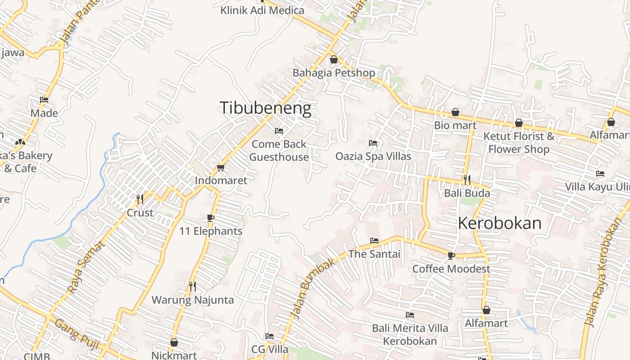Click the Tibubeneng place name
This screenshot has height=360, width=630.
click(265, 108)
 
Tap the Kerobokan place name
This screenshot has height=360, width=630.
click(499, 223)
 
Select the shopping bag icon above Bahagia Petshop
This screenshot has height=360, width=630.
click(334, 59)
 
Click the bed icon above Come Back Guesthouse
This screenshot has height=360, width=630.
click(279, 131)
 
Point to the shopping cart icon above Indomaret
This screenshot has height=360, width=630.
click(220, 167)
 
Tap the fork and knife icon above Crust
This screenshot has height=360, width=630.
click(140, 199)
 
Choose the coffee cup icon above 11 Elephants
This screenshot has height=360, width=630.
click(211, 218)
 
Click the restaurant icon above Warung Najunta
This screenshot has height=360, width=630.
click(193, 286)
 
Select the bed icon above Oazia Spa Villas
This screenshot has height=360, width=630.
click(373, 143)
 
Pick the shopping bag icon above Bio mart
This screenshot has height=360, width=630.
click(455, 112)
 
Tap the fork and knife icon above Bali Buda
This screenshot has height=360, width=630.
click(467, 180)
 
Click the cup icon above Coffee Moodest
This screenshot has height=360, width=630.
click(451, 256)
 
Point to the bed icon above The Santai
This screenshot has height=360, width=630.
click(374, 241)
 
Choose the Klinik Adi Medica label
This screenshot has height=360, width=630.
click(262, 10)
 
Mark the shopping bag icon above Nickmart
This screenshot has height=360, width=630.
click(174, 342)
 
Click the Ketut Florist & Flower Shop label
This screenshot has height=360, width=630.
click(519, 142)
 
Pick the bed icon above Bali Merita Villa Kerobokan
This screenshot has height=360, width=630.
click(410, 315)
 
